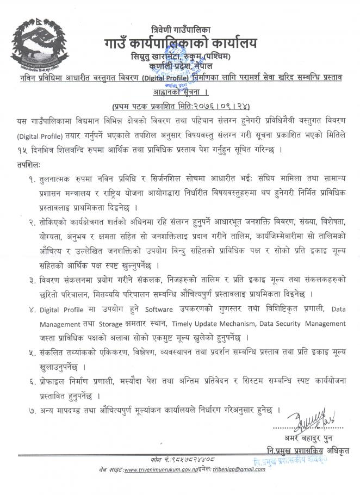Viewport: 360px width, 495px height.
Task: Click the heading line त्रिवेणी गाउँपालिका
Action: (180, 29)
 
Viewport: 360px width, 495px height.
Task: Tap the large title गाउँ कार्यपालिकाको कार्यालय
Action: (180, 42)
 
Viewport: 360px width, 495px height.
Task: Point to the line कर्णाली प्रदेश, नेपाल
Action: (179, 66)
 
